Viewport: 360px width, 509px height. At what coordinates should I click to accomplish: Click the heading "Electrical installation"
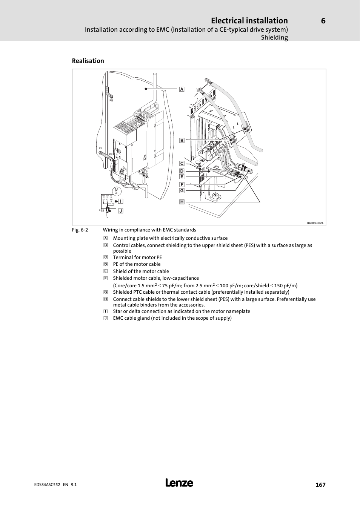pos(249,20)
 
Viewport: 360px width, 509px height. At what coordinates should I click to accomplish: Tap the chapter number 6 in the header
pos(323,21)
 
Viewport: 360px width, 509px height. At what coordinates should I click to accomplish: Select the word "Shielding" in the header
pos(274,37)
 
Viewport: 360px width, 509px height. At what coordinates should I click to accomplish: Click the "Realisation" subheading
pos(88,61)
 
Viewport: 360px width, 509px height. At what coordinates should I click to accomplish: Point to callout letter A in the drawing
pos(182,89)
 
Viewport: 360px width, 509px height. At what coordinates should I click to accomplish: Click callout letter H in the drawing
pos(182,202)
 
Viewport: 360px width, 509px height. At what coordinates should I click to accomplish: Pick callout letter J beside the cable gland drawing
pos(121,211)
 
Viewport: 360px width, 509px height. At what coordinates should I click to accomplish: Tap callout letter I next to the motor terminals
pos(121,201)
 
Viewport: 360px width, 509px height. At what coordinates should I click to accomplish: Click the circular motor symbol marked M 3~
pos(117,191)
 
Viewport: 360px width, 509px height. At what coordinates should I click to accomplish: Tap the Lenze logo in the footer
pos(180,483)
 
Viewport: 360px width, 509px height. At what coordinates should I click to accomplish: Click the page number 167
pos(320,485)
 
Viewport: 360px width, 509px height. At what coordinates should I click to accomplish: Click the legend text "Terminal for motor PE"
pos(137,257)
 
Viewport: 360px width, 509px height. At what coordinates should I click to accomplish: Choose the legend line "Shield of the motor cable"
pos(141,271)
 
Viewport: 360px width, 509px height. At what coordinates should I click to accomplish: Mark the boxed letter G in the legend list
pos(106,292)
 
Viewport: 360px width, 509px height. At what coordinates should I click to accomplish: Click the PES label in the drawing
pos(101,211)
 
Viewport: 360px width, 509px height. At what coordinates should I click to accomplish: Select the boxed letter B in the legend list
pos(106,245)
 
